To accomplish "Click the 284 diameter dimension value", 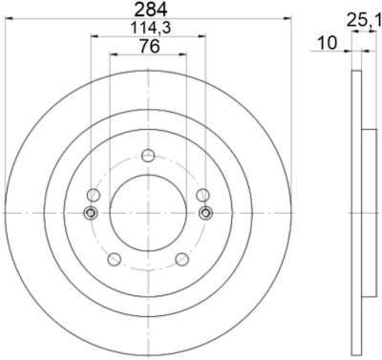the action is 151,10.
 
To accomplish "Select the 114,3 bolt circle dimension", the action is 151,28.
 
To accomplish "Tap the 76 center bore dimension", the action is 149,47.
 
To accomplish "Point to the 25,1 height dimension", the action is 364,21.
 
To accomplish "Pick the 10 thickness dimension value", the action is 327,43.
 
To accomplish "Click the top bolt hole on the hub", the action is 148,156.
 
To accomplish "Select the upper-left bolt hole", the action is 94,195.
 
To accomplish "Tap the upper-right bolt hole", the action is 202,195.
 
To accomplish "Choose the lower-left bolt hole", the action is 115,259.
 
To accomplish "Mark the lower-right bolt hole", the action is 181,259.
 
